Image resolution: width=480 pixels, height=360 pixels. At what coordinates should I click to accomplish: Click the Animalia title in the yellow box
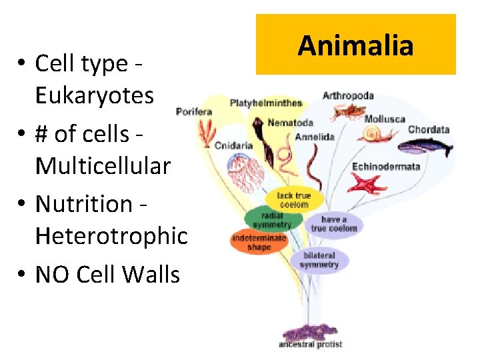tap(356, 45)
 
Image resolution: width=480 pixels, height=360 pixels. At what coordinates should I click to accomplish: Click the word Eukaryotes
tap(94, 96)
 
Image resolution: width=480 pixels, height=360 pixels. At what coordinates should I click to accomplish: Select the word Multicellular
tap(103, 165)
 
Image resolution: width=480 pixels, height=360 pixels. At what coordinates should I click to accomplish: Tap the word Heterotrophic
tap(111, 235)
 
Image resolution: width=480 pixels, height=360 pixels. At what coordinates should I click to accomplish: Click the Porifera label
tap(194, 111)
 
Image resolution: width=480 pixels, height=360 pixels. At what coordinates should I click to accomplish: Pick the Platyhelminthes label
tap(266, 103)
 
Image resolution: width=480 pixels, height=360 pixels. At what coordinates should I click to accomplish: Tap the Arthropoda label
tap(348, 95)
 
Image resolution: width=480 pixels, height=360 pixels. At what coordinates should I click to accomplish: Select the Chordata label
tap(429, 129)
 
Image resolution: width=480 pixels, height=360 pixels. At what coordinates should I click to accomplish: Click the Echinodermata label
tap(386, 166)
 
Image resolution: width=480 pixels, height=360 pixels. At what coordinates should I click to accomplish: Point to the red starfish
tap(367, 183)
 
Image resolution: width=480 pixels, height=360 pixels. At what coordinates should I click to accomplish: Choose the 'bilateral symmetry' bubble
tap(319, 260)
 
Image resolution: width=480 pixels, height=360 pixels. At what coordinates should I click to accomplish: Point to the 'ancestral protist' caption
tap(311, 345)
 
